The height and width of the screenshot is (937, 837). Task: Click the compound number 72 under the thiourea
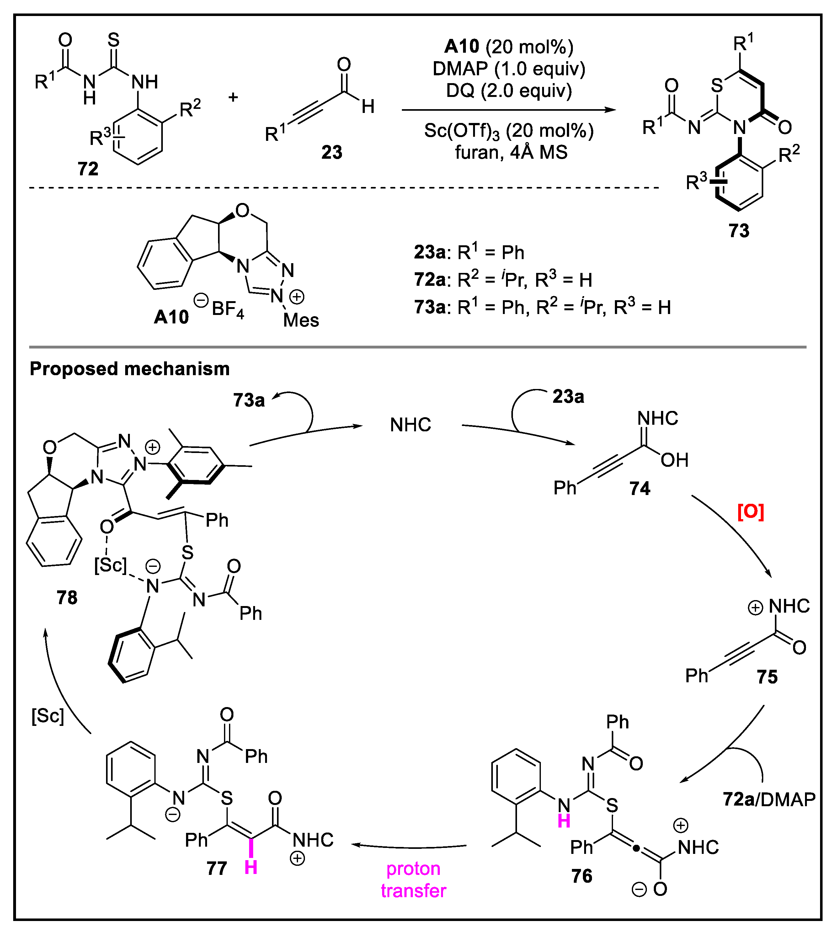click(88, 169)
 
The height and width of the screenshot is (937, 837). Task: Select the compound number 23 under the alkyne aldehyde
click(332, 152)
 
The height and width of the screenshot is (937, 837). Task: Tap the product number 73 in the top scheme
click(738, 230)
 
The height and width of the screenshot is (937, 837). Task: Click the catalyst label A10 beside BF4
click(171, 317)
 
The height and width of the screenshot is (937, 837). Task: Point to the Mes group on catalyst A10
click(301, 320)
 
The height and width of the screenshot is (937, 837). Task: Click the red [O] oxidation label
click(750, 511)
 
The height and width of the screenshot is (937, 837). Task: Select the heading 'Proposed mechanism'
click(129, 369)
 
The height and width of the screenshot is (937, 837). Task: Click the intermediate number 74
click(640, 488)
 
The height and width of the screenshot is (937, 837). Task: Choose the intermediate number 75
click(767, 676)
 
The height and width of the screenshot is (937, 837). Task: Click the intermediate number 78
click(67, 597)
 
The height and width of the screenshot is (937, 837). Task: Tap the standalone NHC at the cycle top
click(410, 425)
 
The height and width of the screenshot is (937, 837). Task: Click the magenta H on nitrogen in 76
click(564, 821)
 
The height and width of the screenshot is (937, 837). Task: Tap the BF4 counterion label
click(228, 309)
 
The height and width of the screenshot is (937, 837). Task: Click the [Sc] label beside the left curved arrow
click(48, 716)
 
